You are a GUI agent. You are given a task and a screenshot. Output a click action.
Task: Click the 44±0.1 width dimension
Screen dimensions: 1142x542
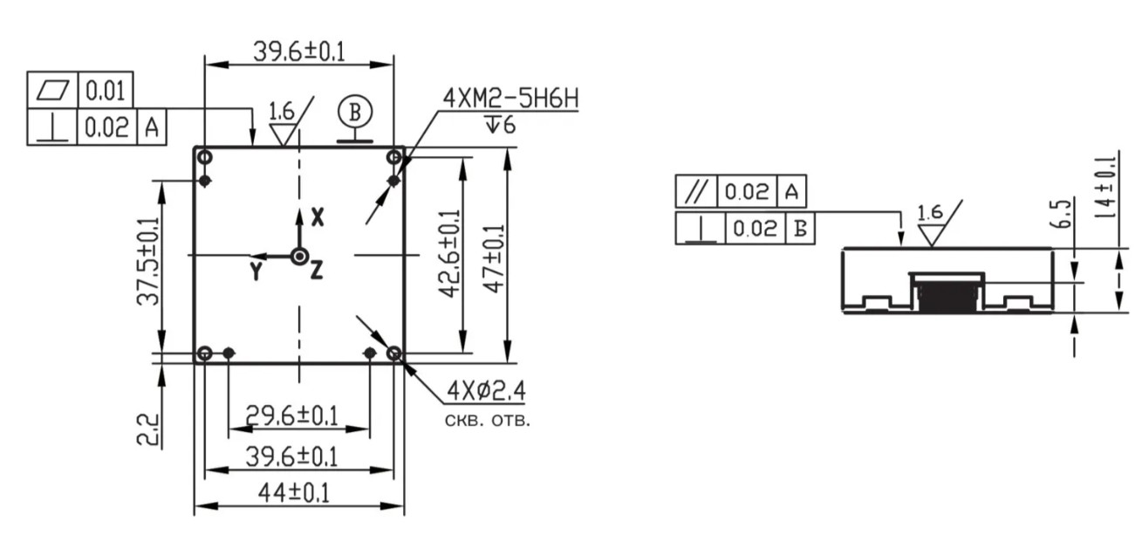[x=294, y=493]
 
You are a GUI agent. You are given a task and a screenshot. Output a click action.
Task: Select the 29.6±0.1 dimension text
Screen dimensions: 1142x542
[x=291, y=415]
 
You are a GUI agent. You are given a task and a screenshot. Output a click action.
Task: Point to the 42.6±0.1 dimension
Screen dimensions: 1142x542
[x=449, y=253]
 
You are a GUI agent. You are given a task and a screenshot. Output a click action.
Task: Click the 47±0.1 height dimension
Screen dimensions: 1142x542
[x=494, y=259]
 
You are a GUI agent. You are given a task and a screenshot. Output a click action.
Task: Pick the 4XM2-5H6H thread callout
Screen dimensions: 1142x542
[x=511, y=99]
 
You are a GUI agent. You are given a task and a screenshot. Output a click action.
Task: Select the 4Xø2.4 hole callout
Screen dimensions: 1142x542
[x=486, y=391]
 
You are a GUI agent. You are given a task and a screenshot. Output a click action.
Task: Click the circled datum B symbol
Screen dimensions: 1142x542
[x=355, y=112]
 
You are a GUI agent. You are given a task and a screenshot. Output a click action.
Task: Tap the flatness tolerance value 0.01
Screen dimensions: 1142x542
[x=105, y=91]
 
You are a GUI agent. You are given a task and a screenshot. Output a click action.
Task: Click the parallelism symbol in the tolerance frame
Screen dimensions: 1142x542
[x=696, y=192]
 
